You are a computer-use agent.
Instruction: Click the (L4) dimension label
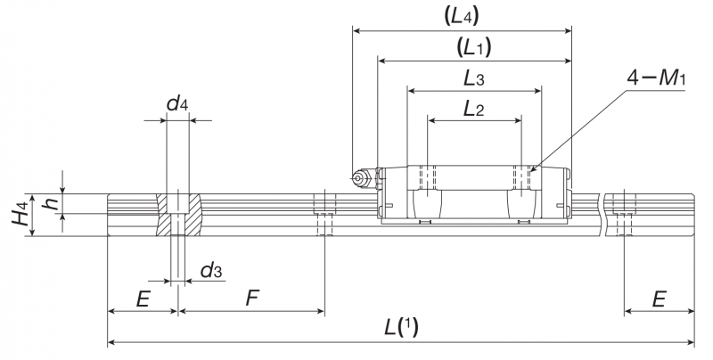click(x=461, y=17)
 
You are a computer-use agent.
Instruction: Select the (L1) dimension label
click(x=474, y=47)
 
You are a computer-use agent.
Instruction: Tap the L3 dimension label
click(x=474, y=78)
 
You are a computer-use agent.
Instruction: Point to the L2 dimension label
click(x=474, y=109)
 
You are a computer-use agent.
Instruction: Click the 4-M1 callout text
click(x=656, y=78)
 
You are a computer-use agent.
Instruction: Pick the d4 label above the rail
click(x=177, y=103)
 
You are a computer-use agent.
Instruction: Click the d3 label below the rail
click(x=211, y=270)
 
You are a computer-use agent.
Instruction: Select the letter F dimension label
click(x=252, y=299)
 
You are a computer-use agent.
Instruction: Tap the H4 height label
click(x=20, y=214)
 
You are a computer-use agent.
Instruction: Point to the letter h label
click(x=51, y=200)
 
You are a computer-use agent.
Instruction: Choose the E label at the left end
click(x=143, y=299)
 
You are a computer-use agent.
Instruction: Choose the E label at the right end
click(x=659, y=299)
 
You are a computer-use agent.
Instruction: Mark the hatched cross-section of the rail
click(x=177, y=214)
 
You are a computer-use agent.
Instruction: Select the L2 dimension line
click(x=474, y=121)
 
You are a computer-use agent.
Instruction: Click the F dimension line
click(x=251, y=311)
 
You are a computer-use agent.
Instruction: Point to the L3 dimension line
click(x=475, y=91)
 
